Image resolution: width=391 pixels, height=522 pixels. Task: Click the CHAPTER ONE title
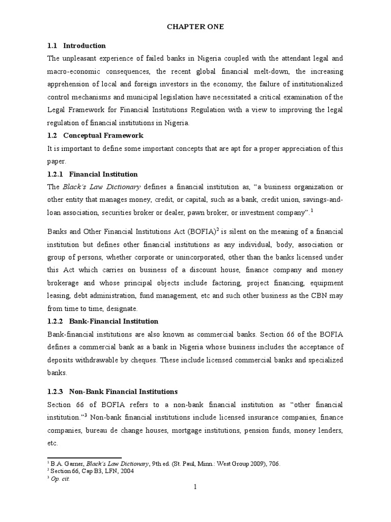[x=195, y=27]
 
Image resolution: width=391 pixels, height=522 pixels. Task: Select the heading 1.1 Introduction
[x=76, y=46]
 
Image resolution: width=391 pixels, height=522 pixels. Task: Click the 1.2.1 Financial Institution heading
[x=92, y=174]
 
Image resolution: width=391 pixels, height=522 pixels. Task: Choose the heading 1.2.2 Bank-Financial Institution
[x=102, y=321]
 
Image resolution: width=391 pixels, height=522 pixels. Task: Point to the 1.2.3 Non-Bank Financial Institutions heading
[x=112, y=391]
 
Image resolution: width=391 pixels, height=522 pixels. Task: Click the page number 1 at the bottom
[x=195, y=487]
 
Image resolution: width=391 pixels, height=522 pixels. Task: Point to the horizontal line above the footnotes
[x=84, y=458]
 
